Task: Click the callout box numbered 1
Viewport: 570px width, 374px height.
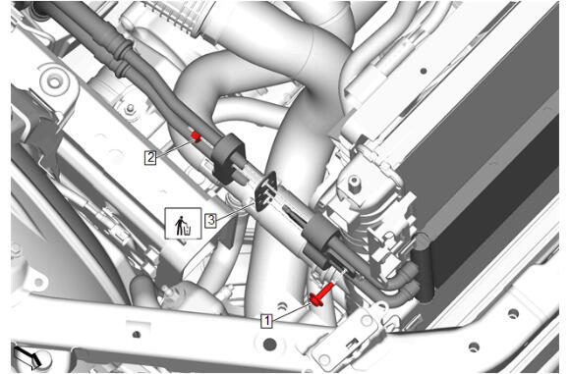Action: [267, 321]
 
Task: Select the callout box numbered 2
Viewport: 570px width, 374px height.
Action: [150, 158]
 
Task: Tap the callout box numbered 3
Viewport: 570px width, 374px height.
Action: [211, 221]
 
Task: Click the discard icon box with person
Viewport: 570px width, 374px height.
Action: [183, 223]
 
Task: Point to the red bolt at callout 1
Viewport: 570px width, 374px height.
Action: [321, 295]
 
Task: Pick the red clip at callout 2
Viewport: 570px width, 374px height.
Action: [197, 136]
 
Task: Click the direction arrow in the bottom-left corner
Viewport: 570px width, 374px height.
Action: [28, 356]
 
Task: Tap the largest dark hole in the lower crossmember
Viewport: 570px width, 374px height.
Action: [269, 344]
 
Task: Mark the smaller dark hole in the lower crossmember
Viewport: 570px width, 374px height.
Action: [137, 334]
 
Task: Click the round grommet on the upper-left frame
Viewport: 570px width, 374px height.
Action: [54, 82]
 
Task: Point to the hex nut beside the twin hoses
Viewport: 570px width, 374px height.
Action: [130, 108]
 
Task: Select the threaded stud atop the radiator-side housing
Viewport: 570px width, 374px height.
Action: [354, 184]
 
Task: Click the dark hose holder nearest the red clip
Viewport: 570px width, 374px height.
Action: [228, 157]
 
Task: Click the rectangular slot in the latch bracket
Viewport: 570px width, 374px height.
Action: [352, 343]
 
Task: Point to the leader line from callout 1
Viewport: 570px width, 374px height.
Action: [291, 312]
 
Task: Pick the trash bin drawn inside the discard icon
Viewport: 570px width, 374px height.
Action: [188, 230]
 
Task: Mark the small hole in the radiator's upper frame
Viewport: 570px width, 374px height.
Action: [424, 71]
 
